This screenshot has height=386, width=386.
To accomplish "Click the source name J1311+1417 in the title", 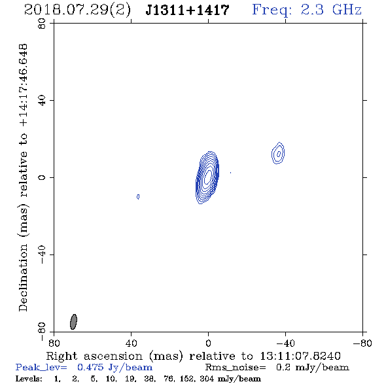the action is coord(187,10).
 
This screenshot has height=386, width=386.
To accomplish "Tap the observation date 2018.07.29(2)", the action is coord(77,10).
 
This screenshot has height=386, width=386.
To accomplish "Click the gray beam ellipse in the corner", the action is coord(73,322).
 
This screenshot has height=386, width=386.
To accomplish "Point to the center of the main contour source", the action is coord(208,177).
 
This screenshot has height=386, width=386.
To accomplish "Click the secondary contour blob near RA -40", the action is coord(278,153).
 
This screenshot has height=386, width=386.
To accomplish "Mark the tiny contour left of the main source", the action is coord(138,196).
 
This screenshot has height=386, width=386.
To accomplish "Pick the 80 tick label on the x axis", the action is coord(54,343).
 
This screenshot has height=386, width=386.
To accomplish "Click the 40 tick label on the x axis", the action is coord(131,343).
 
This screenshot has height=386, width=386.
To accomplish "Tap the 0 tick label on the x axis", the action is coord(208,343).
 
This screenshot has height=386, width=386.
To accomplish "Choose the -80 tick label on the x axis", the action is coord(362,343).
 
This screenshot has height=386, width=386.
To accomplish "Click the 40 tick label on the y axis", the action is coord(42,101).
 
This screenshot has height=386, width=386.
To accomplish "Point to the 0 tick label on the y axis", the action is coord(42,177).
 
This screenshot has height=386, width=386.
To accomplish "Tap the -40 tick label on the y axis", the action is coord(42,254).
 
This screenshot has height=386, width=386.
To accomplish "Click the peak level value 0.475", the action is coord(90,367).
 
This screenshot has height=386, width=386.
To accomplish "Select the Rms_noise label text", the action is coord(236,368).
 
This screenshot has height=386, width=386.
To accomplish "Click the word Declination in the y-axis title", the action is coord(23,277).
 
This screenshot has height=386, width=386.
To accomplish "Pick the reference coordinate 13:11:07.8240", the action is coord(300,356).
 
